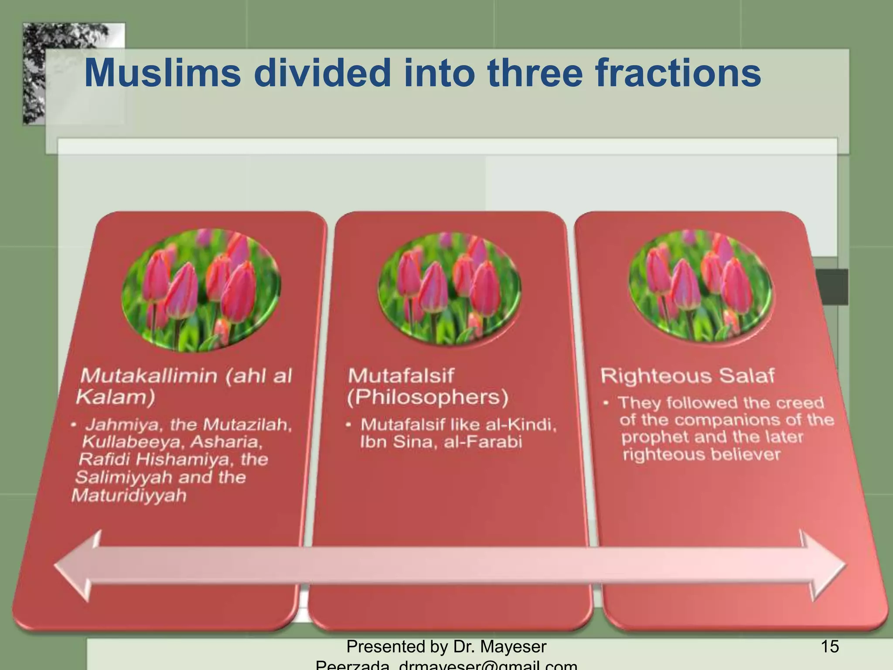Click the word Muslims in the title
pos(162,73)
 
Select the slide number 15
pos(829,646)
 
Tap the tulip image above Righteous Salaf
pos(700,284)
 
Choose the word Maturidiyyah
pos(129,496)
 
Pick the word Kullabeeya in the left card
pos(130,442)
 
